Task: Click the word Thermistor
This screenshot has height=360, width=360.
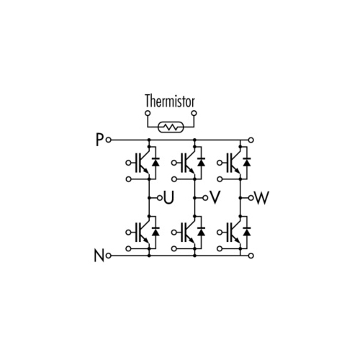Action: (170, 101)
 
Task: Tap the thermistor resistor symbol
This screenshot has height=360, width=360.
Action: (171, 127)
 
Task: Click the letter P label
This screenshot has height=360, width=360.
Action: (99, 140)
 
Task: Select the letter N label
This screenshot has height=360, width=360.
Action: (99, 256)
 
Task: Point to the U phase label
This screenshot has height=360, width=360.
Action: (168, 198)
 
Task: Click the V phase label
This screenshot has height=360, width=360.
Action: (215, 198)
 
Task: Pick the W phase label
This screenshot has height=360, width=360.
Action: (261, 198)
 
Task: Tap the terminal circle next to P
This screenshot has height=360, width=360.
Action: (109, 140)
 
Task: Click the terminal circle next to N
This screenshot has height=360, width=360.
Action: (109, 256)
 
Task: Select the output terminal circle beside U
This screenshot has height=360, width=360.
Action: (160, 198)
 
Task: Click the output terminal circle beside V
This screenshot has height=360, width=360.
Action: (205, 198)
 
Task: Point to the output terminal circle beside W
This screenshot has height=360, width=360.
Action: (251, 198)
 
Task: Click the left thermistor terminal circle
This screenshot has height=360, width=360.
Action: (148, 113)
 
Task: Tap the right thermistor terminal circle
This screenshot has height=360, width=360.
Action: (194, 113)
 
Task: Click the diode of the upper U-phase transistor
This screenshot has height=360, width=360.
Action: (156, 162)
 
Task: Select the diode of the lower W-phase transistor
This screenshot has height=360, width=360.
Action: (247, 232)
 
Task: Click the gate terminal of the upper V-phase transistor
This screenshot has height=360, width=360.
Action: (174, 163)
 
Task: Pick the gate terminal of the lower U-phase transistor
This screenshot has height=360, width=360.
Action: (128, 233)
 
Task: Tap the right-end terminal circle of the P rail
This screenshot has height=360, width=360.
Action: (251, 140)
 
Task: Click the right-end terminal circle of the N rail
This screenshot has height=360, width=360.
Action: (251, 256)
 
